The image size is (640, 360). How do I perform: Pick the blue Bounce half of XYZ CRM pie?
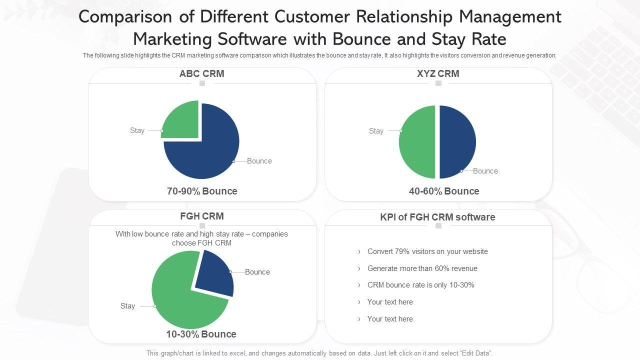point(457,142)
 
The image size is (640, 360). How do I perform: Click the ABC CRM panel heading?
point(202,74)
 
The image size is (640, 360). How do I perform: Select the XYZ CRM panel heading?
point(438,74)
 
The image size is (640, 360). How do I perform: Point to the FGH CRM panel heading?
point(202,216)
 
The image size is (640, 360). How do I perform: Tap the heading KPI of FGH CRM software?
point(437,217)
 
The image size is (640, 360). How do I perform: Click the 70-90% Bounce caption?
point(202,191)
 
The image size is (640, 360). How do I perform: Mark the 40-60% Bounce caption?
point(444,191)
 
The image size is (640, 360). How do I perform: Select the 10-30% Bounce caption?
point(201,334)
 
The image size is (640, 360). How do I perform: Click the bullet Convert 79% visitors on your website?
point(427,251)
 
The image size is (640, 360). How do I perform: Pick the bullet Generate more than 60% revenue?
point(422,268)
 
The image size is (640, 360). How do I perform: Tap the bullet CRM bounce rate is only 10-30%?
point(420,285)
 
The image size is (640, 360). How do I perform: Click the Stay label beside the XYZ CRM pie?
point(376,131)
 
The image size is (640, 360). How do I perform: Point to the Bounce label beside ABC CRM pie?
point(259,161)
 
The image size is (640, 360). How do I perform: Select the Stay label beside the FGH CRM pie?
point(127,306)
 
